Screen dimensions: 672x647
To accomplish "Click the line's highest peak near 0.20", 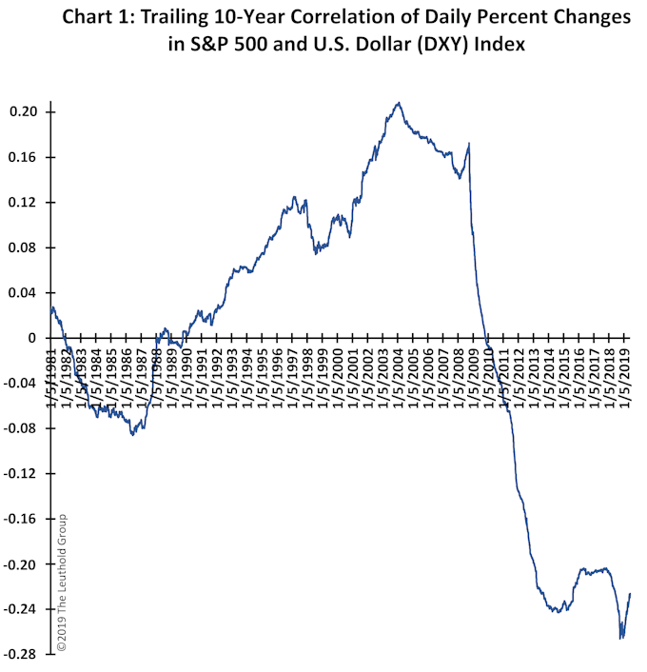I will pos(399,103).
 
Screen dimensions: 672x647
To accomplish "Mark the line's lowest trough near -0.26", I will pos(621,638).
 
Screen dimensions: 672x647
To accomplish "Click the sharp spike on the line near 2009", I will pos(469,145).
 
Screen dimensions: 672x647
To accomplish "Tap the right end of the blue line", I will pos(630,594).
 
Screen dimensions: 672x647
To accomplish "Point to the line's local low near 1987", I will pos(132,434).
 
